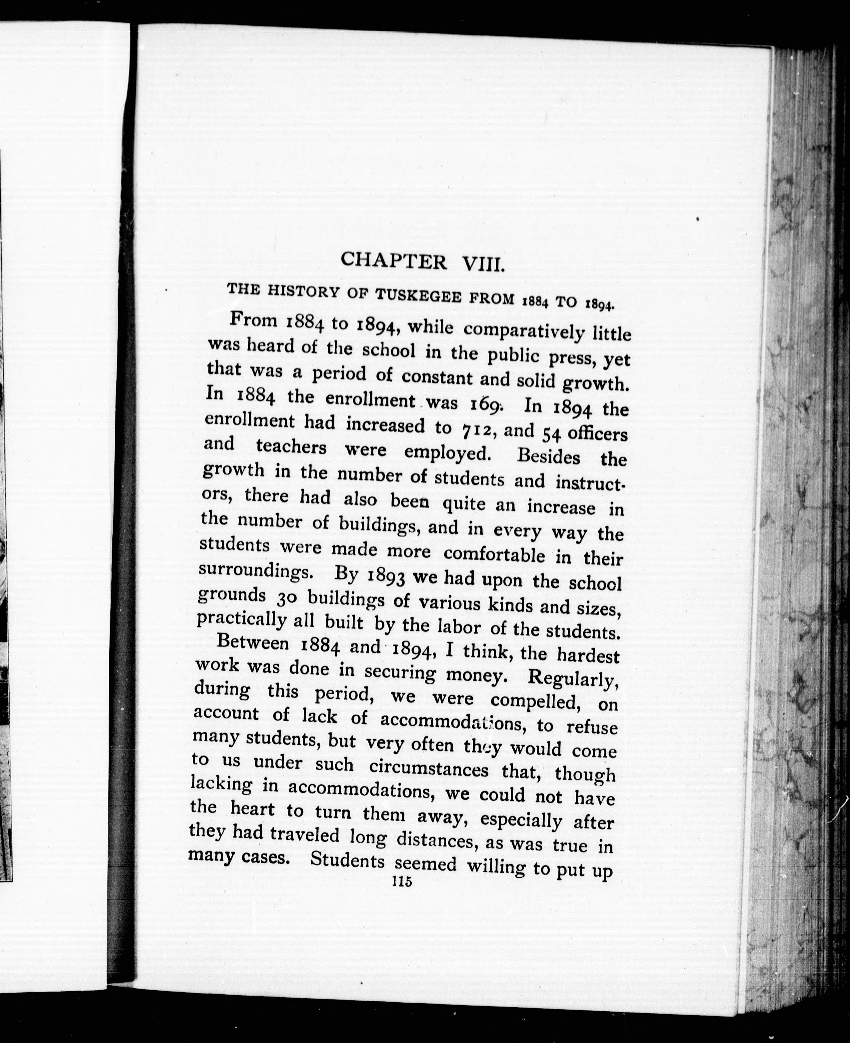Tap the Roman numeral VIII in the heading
[482, 265]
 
